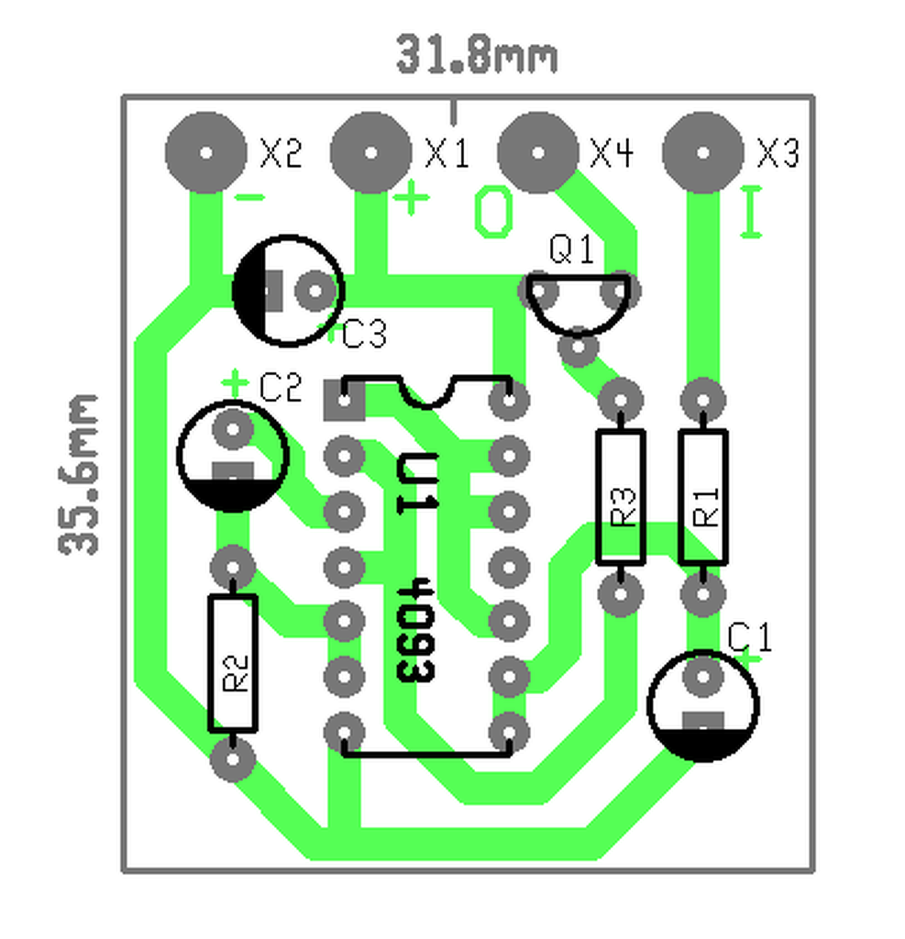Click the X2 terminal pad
(x=205, y=153)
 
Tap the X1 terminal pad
(x=370, y=153)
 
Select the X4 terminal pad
(x=538, y=153)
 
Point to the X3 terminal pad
(x=703, y=153)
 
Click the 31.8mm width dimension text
(x=477, y=55)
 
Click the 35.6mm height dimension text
(x=79, y=474)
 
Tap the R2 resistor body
(x=233, y=664)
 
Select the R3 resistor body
(x=621, y=497)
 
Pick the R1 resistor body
(x=703, y=497)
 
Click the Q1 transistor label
(x=571, y=249)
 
